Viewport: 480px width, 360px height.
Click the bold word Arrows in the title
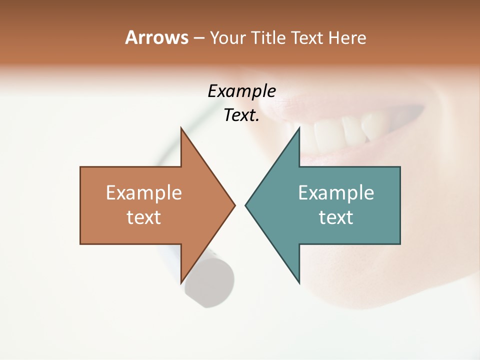click(156, 37)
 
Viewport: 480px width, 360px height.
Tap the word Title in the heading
click(269, 38)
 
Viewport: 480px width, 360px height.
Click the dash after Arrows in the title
click(198, 38)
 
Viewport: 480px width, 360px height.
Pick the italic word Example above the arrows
click(242, 91)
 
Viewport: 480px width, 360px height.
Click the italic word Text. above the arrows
click(242, 115)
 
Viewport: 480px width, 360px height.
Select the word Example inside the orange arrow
click(144, 193)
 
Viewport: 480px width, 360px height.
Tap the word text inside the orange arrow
click(144, 217)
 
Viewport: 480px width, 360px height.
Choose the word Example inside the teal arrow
click(336, 193)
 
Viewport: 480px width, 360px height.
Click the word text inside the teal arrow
click(336, 217)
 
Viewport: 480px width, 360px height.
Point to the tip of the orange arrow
click(234, 205)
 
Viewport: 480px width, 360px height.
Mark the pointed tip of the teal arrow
click(246, 205)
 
